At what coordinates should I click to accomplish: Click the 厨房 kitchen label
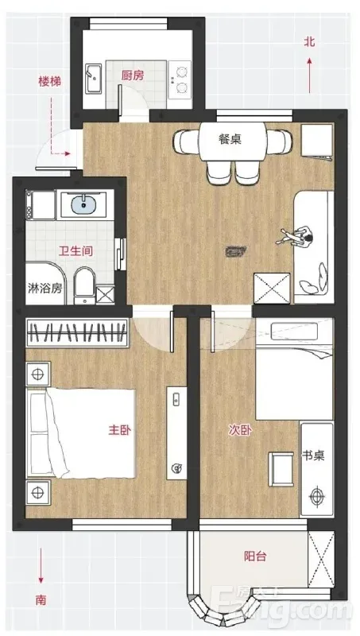133,75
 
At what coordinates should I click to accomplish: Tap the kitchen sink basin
94,78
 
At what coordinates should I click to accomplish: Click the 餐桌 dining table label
230,140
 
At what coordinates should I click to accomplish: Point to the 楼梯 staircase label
50,82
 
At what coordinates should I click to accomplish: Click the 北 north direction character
310,42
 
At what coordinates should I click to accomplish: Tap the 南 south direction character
41,599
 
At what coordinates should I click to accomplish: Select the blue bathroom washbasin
84,205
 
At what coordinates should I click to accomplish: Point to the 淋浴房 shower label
45,288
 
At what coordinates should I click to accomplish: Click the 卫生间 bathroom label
75,251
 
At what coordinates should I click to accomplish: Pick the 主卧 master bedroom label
119,430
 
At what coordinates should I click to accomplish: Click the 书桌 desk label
313,455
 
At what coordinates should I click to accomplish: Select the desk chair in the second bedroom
281,469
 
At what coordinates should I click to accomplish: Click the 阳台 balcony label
255,556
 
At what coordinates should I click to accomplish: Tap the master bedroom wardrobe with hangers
77,333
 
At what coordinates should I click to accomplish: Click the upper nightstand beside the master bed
38,373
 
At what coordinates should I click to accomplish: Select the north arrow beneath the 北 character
310,76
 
